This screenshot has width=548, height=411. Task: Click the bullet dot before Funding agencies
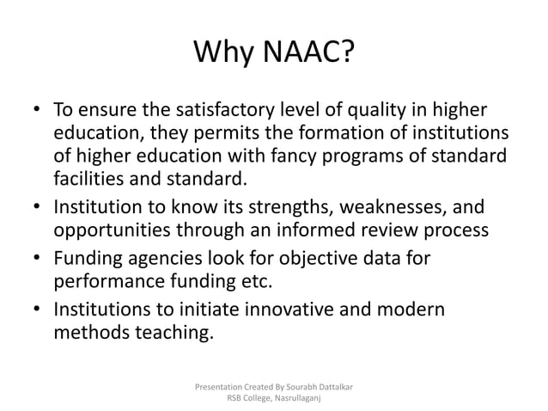click(38, 259)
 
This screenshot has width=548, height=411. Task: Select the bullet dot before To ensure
click(38, 112)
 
